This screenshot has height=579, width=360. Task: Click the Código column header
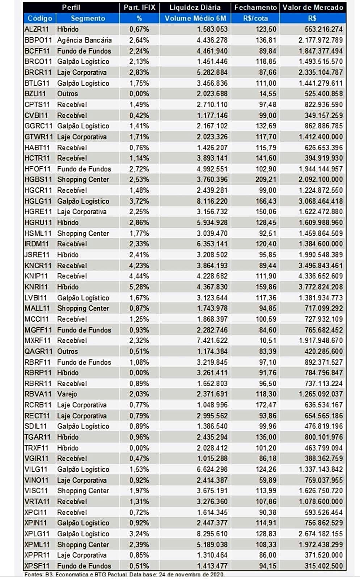click(x=40, y=18)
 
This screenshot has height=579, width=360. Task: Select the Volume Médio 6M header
click(x=195, y=18)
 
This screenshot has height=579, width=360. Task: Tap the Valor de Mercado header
click(x=313, y=7)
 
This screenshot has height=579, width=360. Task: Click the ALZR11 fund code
click(x=37, y=29)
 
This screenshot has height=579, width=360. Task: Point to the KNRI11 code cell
click(x=37, y=287)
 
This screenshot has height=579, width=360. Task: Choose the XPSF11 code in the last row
click(x=37, y=566)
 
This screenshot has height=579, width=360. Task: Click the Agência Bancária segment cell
click(x=85, y=40)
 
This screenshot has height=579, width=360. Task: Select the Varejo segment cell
click(x=67, y=394)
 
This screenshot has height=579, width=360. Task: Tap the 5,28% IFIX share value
click(x=139, y=287)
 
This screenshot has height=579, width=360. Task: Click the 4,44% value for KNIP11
click(x=139, y=276)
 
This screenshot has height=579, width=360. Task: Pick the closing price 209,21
click(x=266, y=179)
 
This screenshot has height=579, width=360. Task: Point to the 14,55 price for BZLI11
click(x=268, y=94)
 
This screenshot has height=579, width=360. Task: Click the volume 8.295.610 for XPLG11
click(x=212, y=533)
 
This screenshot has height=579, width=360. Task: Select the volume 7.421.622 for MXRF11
click(x=212, y=341)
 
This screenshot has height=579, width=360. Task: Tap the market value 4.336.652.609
click(x=321, y=276)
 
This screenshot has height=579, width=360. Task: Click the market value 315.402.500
click(x=324, y=566)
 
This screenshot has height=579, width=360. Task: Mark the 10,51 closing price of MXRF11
click(x=268, y=341)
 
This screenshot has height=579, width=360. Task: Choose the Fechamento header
click(x=255, y=7)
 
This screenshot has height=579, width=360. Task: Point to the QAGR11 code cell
click(x=38, y=351)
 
